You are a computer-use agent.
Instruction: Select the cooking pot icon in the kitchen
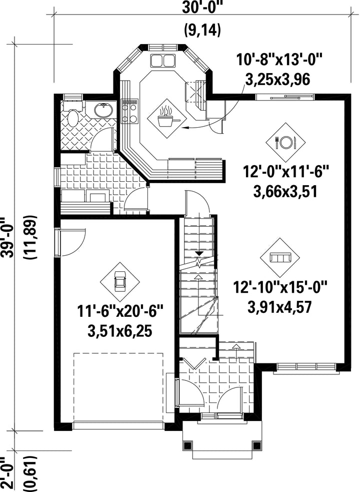[x=167, y=118]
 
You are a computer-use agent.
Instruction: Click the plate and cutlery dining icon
[x=285, y=142]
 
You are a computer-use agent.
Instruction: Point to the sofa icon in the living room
[x=279, y=258]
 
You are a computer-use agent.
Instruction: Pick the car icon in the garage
[x=120, y=281]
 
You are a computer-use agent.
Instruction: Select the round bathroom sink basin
[x=104, y=110]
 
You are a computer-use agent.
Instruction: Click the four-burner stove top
[x=130, y=112]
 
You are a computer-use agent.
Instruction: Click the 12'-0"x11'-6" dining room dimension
[x=285, y=172]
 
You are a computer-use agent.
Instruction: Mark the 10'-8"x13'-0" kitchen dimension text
[x=279, y=60]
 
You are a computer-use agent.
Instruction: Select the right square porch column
[x=256, y=445]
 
